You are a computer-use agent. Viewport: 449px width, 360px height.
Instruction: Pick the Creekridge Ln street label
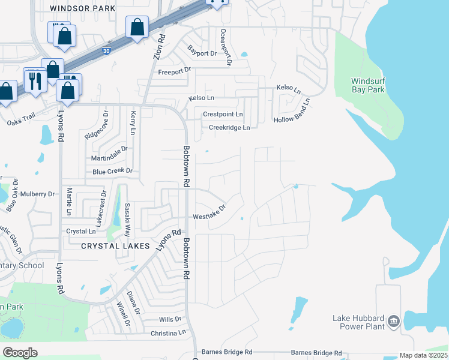point(229,127)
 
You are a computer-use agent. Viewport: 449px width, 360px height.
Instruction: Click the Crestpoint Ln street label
point(223,114)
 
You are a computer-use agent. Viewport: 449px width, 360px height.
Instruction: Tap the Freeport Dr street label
point(174,71)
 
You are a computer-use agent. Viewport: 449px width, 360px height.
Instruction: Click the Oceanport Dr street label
point(226,46)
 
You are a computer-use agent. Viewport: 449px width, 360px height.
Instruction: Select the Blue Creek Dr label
point(112,172)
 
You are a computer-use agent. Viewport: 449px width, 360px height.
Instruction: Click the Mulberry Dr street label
point(37,194)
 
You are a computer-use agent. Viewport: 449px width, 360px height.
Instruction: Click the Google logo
point(20,353)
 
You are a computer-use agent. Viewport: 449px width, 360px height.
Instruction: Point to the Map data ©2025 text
point(424,355)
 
